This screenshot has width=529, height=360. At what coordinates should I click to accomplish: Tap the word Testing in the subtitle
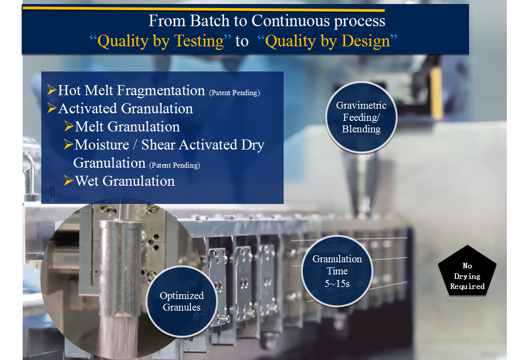[200, 41]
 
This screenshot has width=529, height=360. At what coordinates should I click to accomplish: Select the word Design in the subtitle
[366, 41]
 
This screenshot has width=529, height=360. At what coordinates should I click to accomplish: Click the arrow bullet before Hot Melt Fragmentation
[51, 90]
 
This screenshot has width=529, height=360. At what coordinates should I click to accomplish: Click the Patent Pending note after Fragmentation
[234, 93]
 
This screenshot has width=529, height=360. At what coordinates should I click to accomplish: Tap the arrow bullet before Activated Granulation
[51, 108]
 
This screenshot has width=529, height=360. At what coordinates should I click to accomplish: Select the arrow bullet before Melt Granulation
[69, 126]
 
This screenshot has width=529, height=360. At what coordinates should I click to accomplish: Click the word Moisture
[102, 145]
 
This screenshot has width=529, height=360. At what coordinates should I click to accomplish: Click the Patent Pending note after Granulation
[175, 165]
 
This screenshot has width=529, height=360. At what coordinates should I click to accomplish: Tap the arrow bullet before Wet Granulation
[69, 181]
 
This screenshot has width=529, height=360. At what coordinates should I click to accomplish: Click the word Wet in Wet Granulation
[87, 181]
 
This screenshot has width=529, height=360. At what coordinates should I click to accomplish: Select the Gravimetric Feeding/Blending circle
[361, 117]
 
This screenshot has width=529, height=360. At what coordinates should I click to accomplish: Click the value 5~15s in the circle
[337, 283]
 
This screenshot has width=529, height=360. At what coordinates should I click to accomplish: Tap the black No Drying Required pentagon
[467, 271]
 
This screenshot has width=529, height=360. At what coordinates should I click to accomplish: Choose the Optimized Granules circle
[182, 302]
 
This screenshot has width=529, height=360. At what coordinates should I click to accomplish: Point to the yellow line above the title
[204, 9]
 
